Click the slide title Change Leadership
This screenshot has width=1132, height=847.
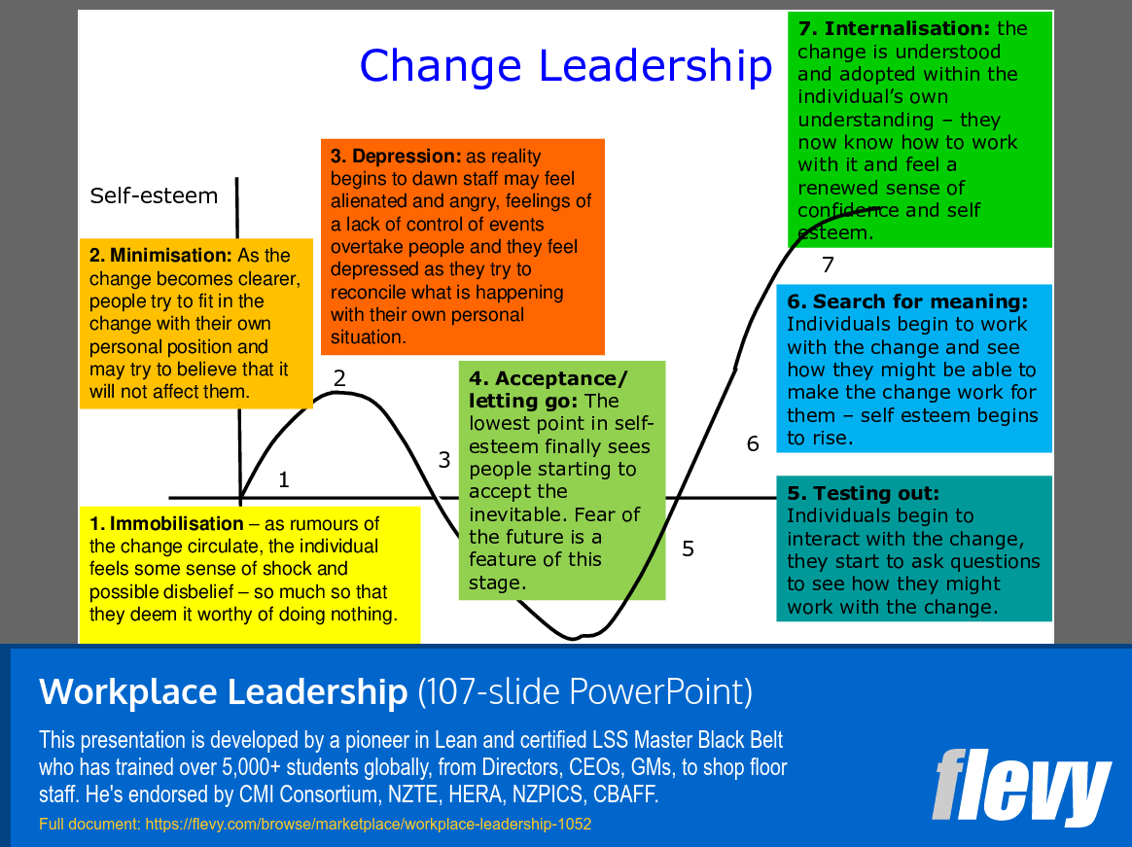coord(565,65)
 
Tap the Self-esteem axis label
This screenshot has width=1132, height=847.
coord(154,195)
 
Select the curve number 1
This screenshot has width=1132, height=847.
coord(284,479)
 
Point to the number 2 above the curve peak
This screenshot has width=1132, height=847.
coord(339,378)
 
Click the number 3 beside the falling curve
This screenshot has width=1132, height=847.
coord(444,460)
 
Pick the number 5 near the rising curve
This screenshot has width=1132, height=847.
coord(688,548)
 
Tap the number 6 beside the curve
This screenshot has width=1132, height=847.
coord(753,443)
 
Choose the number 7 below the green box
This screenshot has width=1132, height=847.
coord(828,265)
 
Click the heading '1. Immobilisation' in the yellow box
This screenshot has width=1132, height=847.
coord(166,524)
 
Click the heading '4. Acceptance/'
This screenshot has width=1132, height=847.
coord(548,378)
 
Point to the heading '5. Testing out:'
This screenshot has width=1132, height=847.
coord(864,493)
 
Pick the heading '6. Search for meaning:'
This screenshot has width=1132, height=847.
coord(907,301)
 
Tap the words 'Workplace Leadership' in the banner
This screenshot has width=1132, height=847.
coord(224,691)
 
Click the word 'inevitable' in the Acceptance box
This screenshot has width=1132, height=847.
coord(518,513)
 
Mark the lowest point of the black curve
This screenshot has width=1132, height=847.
coord(573,639)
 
